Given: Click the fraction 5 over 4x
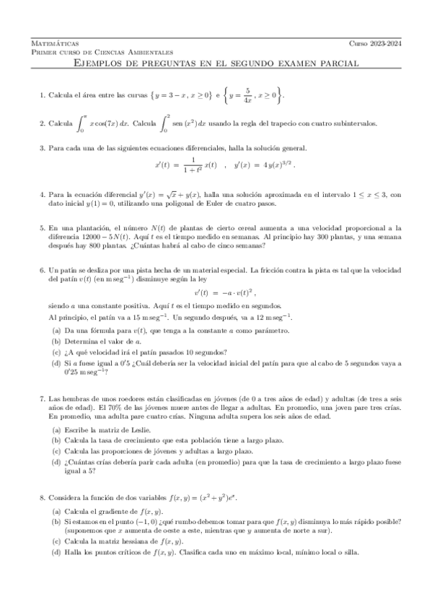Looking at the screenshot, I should click(x=266, y=95).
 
